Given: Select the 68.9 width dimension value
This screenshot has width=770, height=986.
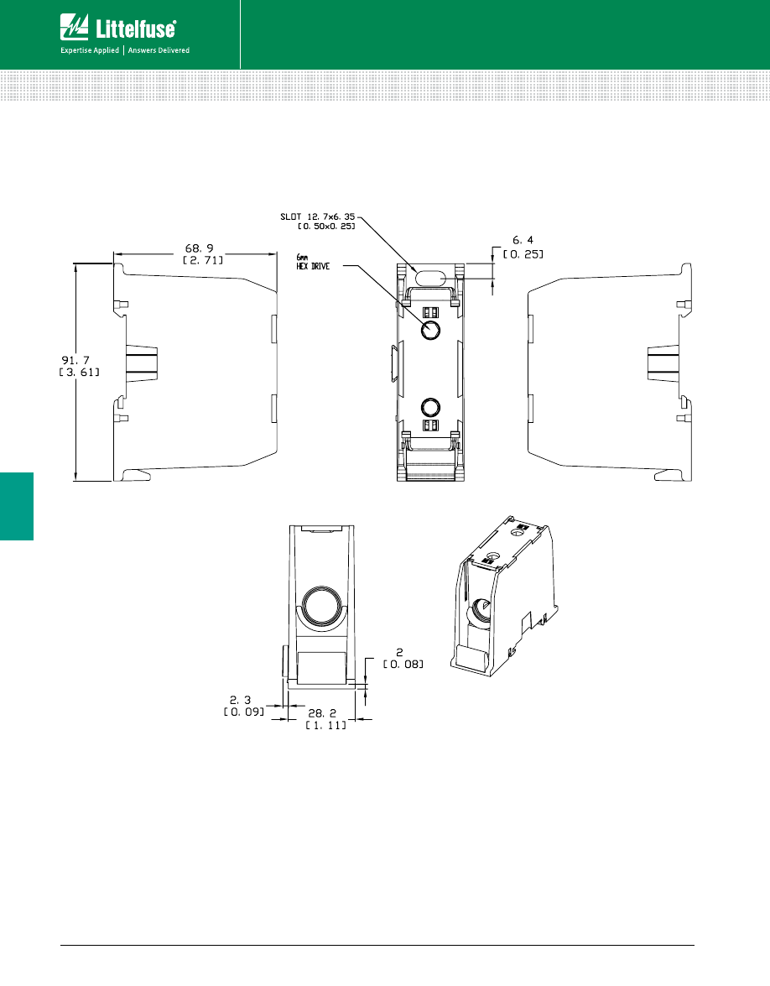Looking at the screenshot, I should [x=200, y=249].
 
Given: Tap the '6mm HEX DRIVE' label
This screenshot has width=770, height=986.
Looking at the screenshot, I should [x=315, y=263].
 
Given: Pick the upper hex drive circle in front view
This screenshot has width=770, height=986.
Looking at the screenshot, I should [x=430, y=329].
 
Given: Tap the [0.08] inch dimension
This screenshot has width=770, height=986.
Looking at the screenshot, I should [x=403, y=664].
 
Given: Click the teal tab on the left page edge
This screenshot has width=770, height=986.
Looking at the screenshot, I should [x=16, y=506].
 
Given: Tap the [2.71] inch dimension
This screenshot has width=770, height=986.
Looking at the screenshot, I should [x=200, y=262].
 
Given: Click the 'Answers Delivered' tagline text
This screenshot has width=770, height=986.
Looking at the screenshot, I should [x=159, y=50].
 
